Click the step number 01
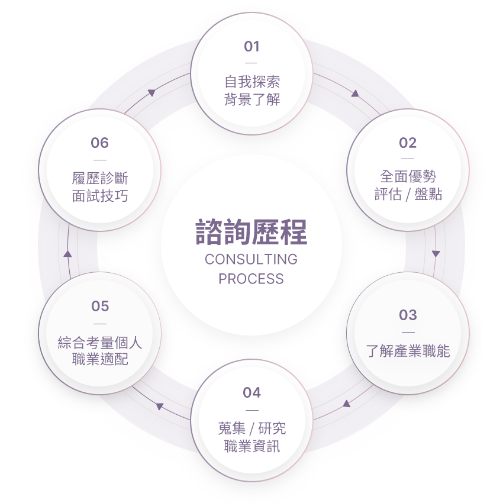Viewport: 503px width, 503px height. (x=251, y=46)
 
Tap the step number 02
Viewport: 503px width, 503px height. (x=408, y=143)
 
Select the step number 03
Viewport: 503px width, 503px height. (x=408, y=315)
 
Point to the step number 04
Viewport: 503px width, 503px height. (x=251, y=392)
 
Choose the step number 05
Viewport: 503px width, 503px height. (x=100, y=306)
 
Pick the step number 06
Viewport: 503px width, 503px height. (x=100, y=143)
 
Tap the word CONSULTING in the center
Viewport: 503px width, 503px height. (x=251, y=259)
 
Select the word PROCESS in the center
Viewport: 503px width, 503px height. (x=251, y=279)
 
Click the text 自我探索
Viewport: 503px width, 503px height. (x=252, y=82)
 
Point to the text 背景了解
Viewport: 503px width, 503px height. (x=252, y=99)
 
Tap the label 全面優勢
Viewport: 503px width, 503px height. (x=408, y=176)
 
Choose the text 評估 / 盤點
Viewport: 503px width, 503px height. (x=408, y=194)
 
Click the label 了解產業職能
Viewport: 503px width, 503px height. (x=408, y=351)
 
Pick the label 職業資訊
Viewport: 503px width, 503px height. (x=252, y=446)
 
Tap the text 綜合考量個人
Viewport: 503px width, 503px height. (x=100, y=342)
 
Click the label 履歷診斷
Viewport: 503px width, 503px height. (x=100, y=178)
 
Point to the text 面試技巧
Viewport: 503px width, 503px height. (x=100, y=196)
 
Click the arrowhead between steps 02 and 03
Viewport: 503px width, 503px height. (x=436, y=253)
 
